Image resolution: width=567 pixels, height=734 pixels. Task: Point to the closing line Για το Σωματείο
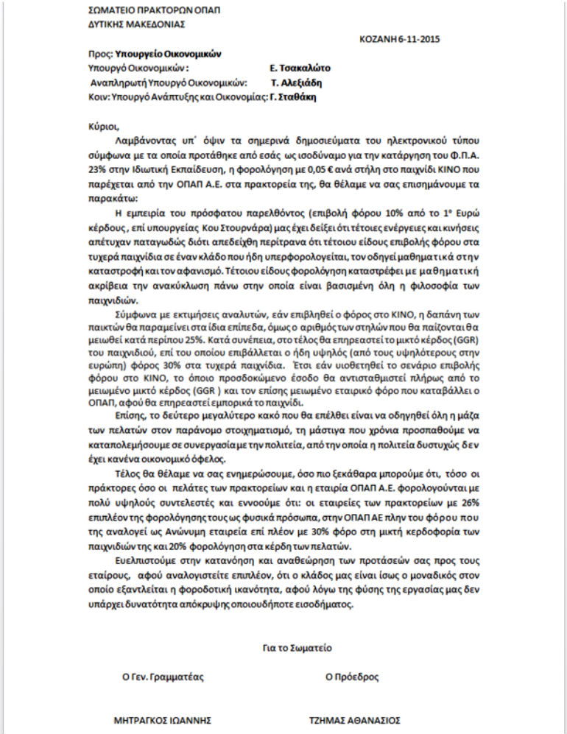point(297,648)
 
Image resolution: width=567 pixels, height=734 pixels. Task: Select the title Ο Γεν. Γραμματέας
point(163,677)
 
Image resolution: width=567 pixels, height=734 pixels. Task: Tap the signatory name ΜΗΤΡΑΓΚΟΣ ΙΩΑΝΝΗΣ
point(163,719)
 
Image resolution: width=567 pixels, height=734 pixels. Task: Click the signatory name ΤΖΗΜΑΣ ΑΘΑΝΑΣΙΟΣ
point(354,719)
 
